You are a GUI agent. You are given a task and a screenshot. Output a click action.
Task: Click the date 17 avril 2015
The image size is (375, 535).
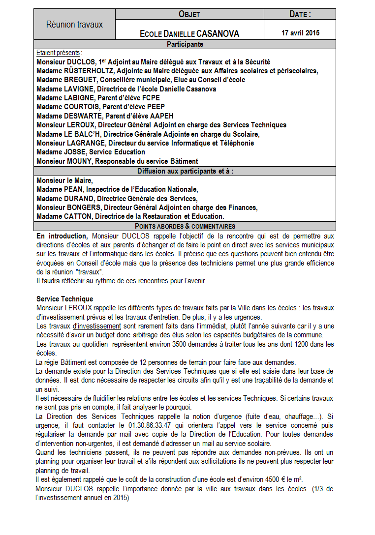(300, 33)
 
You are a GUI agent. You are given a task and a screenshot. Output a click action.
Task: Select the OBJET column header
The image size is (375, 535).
(189, 14)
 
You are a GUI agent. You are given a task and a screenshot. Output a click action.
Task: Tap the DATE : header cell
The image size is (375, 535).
(300, 14)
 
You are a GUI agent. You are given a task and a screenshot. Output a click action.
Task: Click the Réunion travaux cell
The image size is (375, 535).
(74, 24)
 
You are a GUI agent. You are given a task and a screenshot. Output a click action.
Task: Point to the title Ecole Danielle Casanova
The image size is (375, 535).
(189, 33)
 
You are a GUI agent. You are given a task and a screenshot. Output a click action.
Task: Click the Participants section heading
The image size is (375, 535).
(185, 44)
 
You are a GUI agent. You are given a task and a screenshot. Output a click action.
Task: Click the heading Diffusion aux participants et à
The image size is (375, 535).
(185, 171)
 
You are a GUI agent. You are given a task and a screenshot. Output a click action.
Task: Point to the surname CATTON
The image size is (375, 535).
(79, 216)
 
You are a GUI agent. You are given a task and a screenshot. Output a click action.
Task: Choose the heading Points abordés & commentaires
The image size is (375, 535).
(185, 226)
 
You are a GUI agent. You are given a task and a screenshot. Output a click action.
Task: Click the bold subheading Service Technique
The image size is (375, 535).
(64, 299)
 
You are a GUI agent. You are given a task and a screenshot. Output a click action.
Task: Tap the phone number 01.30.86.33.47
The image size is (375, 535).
(150, 425)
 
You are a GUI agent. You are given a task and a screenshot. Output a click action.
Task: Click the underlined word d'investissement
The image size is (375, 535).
(96, 326)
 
